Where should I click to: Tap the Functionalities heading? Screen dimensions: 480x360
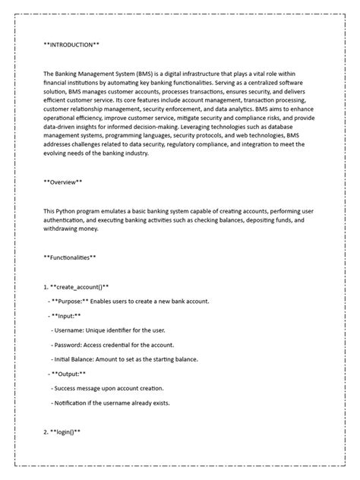point(70,257)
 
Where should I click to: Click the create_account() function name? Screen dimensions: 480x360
point(80,286)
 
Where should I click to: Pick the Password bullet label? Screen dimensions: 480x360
point(70,344)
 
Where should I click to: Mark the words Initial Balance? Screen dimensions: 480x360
point(78,358)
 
